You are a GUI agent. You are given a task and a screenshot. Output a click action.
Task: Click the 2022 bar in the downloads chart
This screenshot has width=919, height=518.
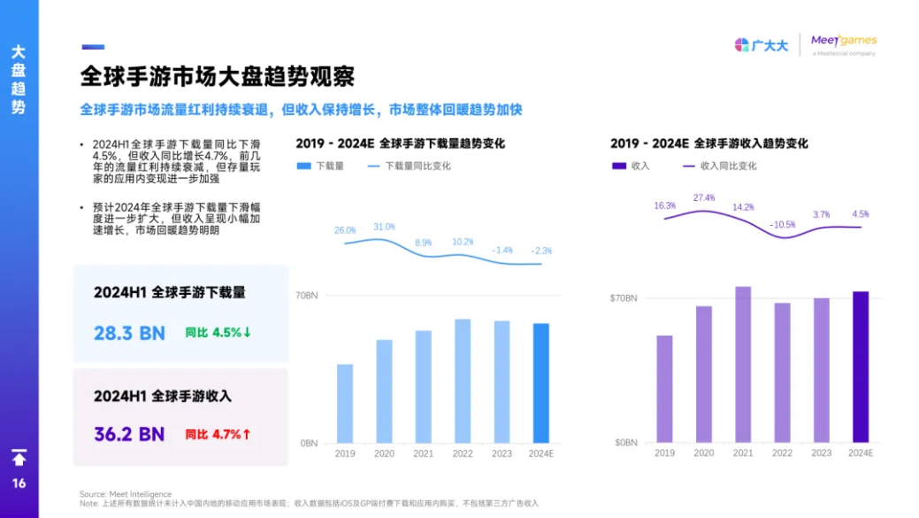point(463,381)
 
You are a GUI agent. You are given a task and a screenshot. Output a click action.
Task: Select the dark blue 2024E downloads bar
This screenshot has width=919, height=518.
point(541,383)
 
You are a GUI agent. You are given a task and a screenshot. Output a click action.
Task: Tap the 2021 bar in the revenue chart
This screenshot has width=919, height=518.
point(743,364)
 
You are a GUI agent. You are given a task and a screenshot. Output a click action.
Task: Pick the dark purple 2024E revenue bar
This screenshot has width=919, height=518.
point(860,367)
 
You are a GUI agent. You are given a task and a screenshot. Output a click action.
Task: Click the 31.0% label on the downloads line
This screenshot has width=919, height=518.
point(384,227)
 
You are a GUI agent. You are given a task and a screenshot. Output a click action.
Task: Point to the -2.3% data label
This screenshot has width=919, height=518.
point(541,251)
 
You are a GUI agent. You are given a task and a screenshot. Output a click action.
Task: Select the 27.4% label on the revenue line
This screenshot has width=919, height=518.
point(704,197)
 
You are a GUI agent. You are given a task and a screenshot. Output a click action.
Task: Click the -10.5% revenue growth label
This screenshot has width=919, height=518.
point(782,224)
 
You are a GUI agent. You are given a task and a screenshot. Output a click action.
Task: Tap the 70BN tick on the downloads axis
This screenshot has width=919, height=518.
point(306,296)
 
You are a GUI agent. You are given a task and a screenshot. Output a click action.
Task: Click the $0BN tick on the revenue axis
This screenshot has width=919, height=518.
point(624,442)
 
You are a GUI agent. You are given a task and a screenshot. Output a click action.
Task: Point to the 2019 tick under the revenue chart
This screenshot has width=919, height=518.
point(664,452)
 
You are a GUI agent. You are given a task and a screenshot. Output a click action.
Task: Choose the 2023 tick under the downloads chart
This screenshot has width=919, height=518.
point(502,453)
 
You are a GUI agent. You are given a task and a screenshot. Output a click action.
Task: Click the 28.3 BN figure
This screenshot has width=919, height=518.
point(129,333)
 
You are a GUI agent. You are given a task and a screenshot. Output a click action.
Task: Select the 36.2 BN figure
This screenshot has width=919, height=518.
point(129,434)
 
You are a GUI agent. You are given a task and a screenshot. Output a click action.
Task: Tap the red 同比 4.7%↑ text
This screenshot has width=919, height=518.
point(218,435)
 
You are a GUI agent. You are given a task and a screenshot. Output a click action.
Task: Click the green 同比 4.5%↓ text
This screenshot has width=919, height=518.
point(218,333)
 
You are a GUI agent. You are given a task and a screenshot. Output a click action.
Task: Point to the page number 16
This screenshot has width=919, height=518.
point(19,483)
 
